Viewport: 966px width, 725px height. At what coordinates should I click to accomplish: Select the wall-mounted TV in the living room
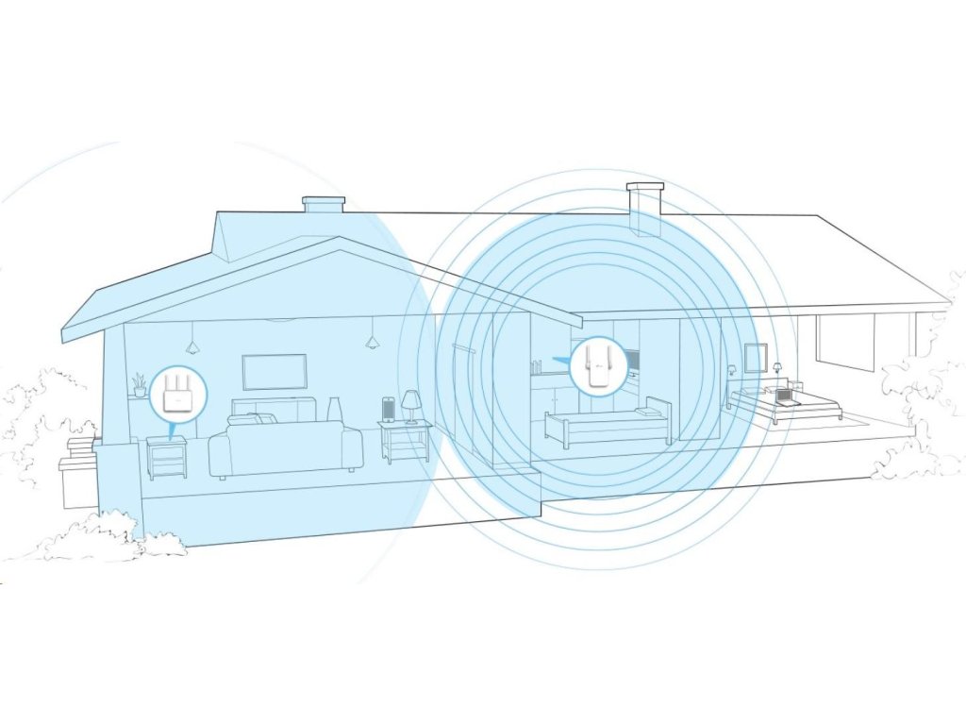[275, 372]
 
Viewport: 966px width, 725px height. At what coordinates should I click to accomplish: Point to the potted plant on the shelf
[140, 384]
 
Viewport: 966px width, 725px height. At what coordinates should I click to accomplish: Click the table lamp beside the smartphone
[410, 405]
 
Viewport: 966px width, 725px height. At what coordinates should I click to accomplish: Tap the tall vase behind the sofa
[334, 409]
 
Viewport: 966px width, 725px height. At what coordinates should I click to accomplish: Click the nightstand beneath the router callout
[166, 457]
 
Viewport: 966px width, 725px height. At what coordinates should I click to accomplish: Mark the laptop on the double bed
[781, 396]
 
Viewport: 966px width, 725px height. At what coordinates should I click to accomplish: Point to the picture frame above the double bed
[755, 358]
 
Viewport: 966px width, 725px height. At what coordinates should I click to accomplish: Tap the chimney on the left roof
[323, 204]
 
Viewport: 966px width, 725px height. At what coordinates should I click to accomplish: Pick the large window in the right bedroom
[845, 341]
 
